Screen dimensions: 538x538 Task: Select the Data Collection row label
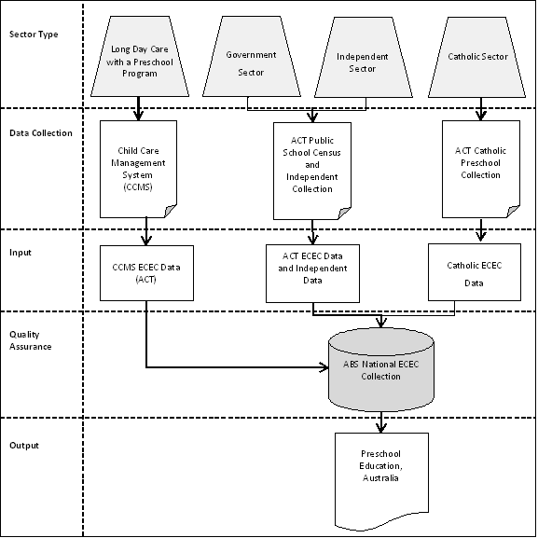pos(40,133)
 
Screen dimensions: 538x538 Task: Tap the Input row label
pos(22,252)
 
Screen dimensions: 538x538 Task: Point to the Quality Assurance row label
pos(30,339)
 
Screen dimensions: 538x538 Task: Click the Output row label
pos(25,445)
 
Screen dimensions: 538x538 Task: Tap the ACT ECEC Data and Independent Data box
pos(312,272)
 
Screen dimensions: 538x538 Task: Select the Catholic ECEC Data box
pos(474,271)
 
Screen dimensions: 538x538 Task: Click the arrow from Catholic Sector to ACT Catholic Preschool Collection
pos(480,110)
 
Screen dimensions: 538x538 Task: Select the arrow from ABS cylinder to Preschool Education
pos(379,421)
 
